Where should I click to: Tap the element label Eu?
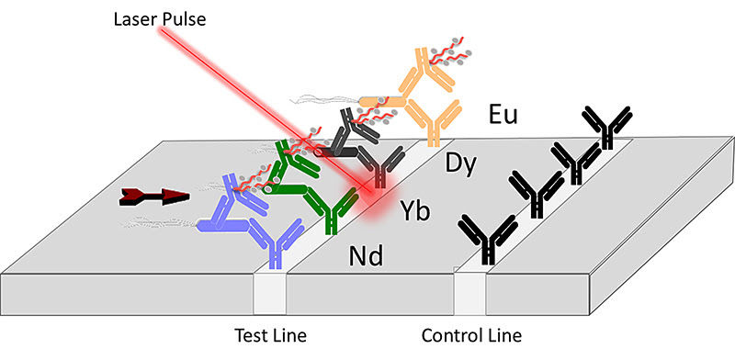tap(504, 118)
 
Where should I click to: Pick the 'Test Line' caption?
tap(266, 333)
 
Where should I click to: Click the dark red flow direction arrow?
tap(153, 196)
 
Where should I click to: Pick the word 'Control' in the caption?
tap(447, 333)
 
